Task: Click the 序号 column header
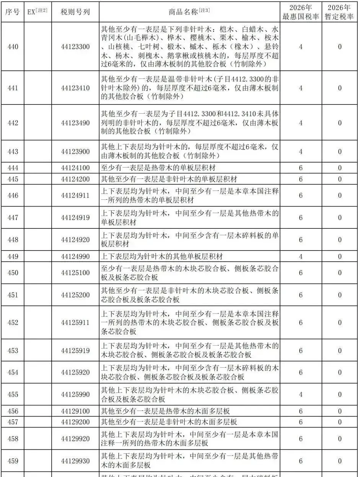13,11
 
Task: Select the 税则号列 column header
75,11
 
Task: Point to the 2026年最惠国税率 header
300,12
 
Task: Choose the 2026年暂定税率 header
340,12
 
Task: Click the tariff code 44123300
75,47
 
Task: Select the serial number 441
13,88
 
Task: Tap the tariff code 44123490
75,123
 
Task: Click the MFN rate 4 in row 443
301,151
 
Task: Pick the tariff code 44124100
75,168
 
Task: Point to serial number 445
13,179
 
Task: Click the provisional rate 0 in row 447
340,218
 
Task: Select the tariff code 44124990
75,256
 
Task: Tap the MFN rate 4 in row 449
301,256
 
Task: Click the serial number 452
13,322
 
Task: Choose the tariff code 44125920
75,372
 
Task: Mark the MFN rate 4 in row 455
301,394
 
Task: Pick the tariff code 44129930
75,461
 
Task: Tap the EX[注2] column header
37,11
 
